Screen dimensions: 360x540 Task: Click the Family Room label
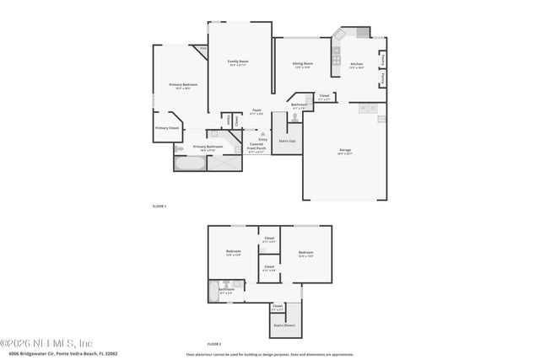tap(238, 62)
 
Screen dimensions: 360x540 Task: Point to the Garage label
tap(344, 152)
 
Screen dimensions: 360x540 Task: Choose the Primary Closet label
tap(167, 128)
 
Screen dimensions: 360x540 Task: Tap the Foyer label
tap(257, 110)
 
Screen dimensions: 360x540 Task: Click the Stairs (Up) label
tap(287, 141)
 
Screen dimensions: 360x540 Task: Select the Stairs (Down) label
tap(283, 324)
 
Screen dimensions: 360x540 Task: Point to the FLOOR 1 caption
tap(159, 206)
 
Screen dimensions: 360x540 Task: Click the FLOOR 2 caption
tap(214, 344)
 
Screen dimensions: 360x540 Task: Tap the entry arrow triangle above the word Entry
tap(262, 133)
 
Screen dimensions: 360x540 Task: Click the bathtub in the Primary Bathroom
tap(186, 161)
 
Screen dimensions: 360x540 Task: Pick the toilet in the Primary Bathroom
tap(178, 148)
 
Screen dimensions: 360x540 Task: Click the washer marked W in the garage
tap(363, 109)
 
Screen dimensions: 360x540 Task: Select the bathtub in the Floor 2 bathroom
tap(213, 291)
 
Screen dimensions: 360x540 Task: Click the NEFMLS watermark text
tap(46, 343)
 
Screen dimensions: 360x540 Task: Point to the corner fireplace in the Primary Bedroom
tap(203, 50)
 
